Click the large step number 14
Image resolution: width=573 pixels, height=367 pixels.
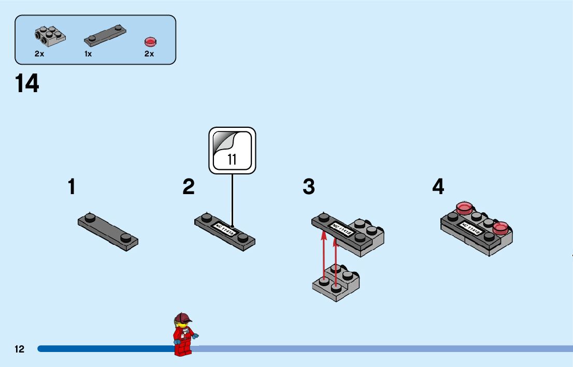click(27, 84)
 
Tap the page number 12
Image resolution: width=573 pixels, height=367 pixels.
click(19, 349)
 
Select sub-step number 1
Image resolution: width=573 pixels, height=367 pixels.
click(71, 187)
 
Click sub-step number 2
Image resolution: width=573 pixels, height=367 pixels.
click(189, 187)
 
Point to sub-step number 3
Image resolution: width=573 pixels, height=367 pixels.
click(309, 187)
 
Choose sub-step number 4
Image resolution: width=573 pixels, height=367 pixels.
click(438, 187)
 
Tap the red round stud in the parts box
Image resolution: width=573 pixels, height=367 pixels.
click(150, 41)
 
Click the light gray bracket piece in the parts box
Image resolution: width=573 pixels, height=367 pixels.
click(50, 34)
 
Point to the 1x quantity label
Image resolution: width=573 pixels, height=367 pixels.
click(88, 54)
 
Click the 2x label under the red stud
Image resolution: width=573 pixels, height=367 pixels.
click(149, 54)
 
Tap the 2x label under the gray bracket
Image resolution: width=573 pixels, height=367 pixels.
click(39, 54)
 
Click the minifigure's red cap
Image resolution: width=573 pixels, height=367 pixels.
click(183, 317)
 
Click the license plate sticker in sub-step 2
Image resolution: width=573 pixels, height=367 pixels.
click(225, 229)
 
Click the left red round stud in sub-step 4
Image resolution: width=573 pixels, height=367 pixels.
click(464, 209)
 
